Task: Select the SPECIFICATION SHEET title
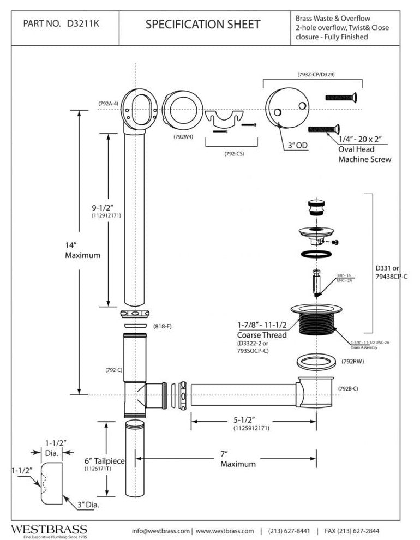(x=203, y=24)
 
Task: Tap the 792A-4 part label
(x=109, y=103)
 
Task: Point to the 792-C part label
(x=113, y=370)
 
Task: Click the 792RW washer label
(x=353, y=361)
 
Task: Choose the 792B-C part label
(x=348, y=388)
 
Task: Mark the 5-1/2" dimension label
(x=253, y=420)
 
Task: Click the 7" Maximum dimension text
(x=238, y=459)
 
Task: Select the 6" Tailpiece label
(x=104, y=461)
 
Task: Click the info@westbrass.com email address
(x=161, y=531)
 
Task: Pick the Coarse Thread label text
(x=260, y=334)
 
